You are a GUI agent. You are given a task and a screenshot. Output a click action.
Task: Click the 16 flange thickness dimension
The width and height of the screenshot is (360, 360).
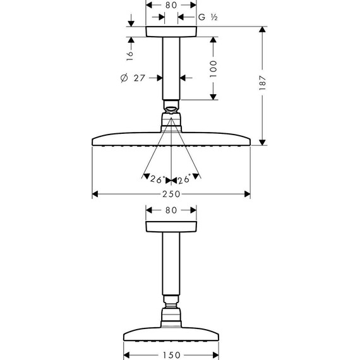pos(130,55)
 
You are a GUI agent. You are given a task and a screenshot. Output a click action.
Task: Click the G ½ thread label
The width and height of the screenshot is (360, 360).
pos(208,17)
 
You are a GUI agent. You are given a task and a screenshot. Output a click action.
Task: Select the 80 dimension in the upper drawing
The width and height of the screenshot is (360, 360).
pos(171,5)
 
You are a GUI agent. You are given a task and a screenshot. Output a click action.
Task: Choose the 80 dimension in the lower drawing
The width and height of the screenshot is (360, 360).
pos(171,211)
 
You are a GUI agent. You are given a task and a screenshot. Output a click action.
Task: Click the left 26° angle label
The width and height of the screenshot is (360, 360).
pos(157,179)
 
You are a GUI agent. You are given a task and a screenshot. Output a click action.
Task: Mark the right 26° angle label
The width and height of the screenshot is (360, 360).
pos(184,179)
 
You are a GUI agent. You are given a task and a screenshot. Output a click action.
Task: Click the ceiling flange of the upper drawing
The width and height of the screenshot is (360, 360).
pos(171,32)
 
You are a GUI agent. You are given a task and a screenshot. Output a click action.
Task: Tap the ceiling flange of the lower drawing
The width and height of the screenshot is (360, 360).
pos(171,227)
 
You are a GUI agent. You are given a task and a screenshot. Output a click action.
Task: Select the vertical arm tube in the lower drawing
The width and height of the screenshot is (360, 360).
pos(171,265)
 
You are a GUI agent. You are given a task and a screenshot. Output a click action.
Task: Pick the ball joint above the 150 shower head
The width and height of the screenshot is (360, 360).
pos(171,313)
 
